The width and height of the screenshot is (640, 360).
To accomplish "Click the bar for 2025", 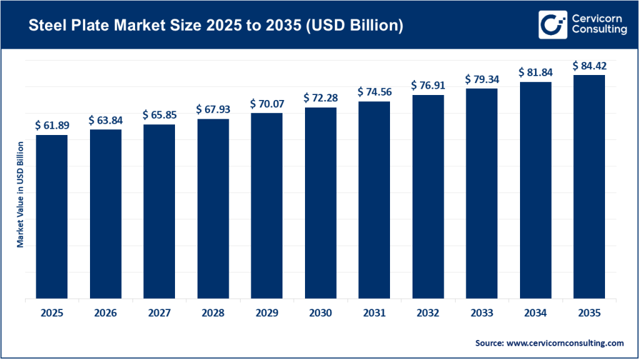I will (x=52, y=216).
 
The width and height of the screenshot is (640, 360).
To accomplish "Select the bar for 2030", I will (x=321, y=202).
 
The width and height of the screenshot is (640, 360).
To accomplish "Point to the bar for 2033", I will (x=481, y=193).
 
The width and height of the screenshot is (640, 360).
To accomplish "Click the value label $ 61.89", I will (x=52, y=125).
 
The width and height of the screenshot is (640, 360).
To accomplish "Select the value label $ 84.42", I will (x=589, y=66).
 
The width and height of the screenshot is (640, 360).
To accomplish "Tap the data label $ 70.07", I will (x=267, y=103).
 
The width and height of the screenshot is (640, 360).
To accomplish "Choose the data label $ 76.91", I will (x=427, y=85).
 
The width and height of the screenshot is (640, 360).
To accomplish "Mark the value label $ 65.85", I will (x=159, y=114).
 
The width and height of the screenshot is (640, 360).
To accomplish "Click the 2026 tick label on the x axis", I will (x=106, y=313).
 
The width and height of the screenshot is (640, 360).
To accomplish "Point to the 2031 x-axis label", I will (x=374, y=313).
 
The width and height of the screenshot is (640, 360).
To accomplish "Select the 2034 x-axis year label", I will (x=535, y=313).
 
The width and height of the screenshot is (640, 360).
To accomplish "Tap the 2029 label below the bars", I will (x=267, y=313).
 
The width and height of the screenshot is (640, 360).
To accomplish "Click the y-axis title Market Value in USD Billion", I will (x=20, y=194).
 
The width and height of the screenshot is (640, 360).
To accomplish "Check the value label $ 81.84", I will (x=535, y=72).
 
